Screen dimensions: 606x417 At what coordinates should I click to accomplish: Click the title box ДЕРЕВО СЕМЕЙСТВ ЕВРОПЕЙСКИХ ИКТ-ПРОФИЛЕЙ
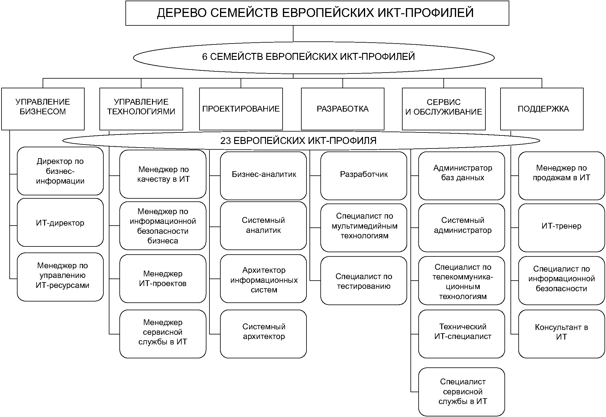click(x=317, y=13)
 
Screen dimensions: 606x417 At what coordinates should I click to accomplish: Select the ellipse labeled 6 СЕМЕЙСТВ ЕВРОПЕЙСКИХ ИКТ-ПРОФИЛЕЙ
click(x=314, y=57)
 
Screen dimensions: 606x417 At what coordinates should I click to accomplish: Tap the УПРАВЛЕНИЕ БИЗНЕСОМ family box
click(x=43, y=109)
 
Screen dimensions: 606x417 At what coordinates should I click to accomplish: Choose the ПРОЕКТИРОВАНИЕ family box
click(x=241, y=109)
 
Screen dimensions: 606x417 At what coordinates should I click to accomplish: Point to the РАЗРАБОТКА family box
click(x=343, y=109)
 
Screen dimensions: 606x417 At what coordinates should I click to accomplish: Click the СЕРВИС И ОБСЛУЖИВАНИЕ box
click(x=444, y=109)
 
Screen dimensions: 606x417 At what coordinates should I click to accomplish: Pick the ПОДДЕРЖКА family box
click(x=542, y=109)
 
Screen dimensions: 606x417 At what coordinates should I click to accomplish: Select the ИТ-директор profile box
click(x=60, y=223)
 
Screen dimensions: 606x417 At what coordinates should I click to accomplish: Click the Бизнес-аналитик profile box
click(x=263, y=175)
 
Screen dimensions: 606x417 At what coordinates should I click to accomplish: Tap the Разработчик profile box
click(x=364, y=175)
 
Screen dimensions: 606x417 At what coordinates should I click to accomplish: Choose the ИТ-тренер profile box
click(x=562, y=227)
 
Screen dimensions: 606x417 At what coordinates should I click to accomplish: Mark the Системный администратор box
click(x=462, y=227)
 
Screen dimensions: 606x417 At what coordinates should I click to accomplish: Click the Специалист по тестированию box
click(x=364, y=281)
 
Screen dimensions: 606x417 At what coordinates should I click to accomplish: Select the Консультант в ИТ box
click(x=562, y=334)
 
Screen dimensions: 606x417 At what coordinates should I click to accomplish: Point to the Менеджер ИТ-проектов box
click(x=163, y=279)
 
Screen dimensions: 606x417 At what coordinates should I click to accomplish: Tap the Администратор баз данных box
click(x=462, y=175)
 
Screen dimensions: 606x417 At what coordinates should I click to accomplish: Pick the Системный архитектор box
click(x=263, y=334)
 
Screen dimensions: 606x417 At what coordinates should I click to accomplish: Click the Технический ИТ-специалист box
click(x=462, y=334)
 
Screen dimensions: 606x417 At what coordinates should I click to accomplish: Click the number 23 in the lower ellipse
click(x=225, y=141)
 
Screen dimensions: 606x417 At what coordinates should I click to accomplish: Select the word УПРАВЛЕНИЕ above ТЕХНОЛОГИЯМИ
click(x=141, y=102)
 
